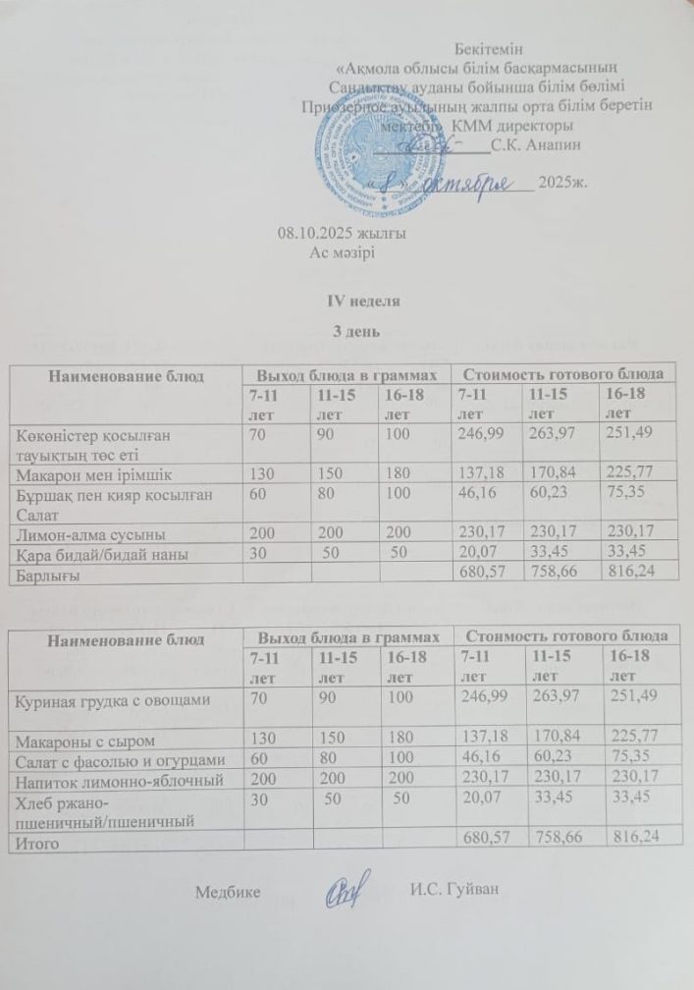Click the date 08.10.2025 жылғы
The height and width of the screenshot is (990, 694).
point(342,234)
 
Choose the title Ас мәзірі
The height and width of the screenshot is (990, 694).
point(344,252)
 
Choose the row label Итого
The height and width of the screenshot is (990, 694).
point(35,842)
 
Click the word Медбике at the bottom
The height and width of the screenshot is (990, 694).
point(228,892)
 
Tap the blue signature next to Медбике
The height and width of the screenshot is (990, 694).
point(349,887)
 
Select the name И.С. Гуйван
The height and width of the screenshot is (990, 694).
point(455,891)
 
